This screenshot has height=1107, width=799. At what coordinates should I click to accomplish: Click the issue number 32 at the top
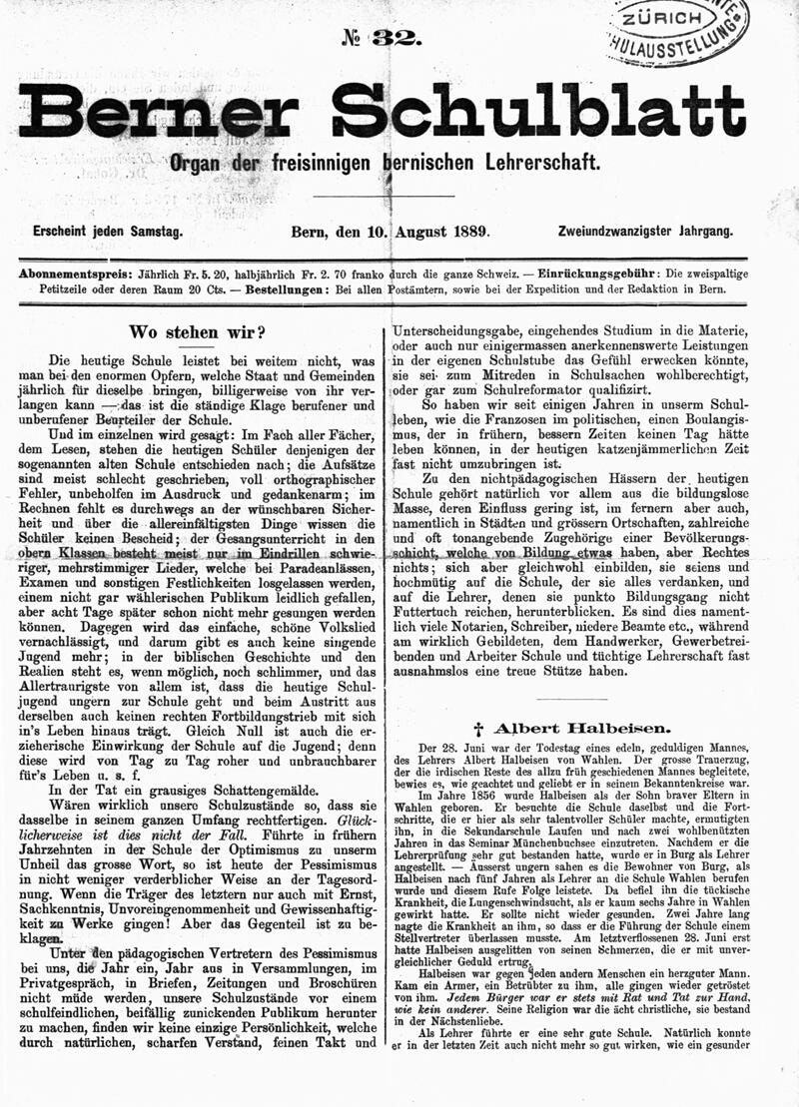(x=397, y=39)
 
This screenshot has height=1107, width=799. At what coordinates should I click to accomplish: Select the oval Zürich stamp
(x=678, y=30)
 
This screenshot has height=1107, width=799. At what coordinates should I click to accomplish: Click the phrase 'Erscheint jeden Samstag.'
(x=107, y=232)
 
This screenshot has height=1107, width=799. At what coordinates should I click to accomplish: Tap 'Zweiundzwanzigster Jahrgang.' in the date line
(x=645, y=232)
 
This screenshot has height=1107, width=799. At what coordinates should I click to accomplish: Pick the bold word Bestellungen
(x=279, y=288)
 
